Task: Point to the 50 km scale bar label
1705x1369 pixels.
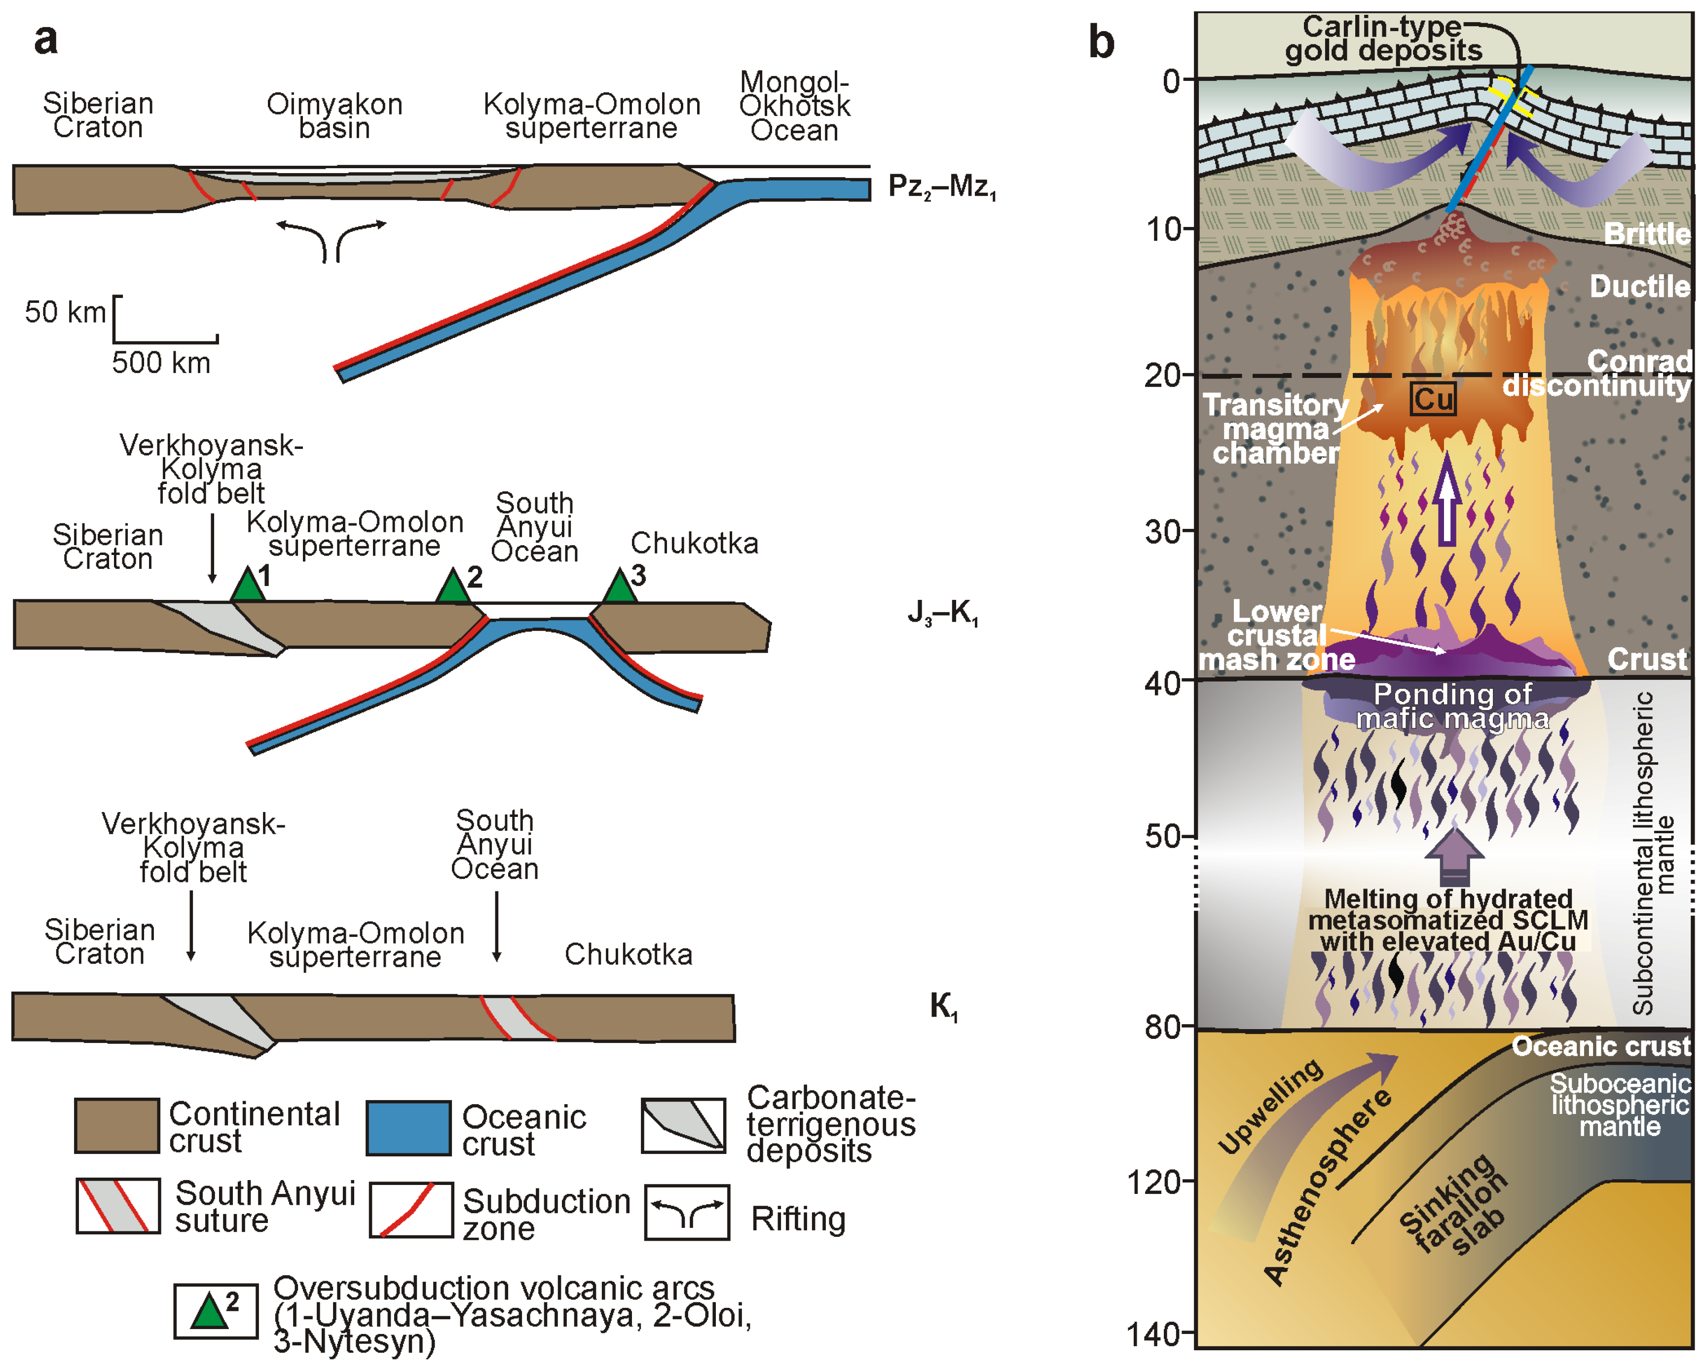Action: (x=65, y=312)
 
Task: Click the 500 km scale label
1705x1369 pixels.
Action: (x=161, y=363)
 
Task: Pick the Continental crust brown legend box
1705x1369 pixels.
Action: (x=116, y=1125)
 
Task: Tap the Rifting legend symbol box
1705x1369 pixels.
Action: (x=686, y=1213)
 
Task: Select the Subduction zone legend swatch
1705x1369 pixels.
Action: (x=411, y=1210)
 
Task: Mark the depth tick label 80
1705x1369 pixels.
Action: (x=1165, y=1027)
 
